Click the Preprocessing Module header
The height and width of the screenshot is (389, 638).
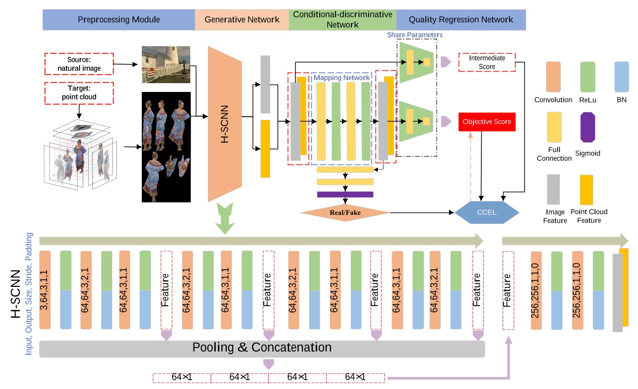tap(119, 20)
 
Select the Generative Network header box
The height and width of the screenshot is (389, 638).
tap(242, 20)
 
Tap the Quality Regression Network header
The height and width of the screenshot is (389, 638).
tap(461, 20)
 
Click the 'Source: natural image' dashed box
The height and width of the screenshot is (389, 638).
tap(79, 64)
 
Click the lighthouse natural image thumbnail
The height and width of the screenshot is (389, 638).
tap(166, 64)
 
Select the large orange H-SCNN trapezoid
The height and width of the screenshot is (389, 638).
tap(225, 124)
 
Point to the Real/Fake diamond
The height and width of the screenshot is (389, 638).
tap(344, 213)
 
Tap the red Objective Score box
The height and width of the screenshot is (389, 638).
tap(487, 122)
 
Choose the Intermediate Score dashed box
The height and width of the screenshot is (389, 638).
tap(487, 62)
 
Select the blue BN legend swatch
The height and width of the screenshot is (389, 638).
tap(621, 77)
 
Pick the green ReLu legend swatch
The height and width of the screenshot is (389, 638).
tap(587, 77)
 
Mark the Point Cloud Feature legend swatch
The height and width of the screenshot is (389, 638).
tap(587, 189)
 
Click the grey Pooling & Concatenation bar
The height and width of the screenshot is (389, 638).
tap(262, 348)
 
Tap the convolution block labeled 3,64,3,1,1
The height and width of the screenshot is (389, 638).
tap(45, 290)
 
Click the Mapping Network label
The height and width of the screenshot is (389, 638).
tap(342, 78)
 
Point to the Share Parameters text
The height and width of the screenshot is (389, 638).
tap(414, 35)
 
